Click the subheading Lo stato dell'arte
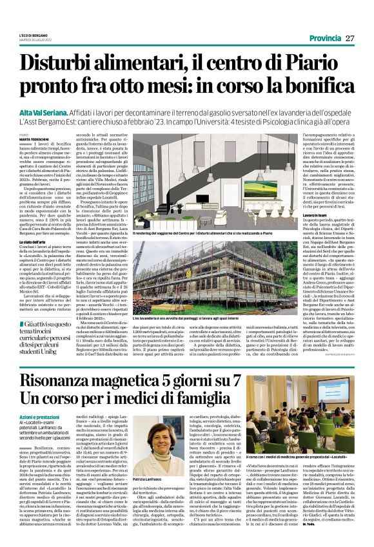(38, 242)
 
